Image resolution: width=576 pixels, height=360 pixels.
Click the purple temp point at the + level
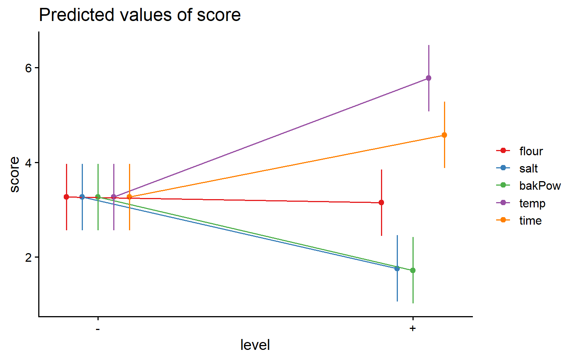pyautogui.click(x=428, y=78)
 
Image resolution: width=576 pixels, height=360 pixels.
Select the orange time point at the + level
pyautogui.click(x=444, y=135)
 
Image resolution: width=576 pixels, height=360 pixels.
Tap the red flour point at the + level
pyautogui.click(x=381, y=202)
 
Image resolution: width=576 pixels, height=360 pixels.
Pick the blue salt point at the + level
pyautogui.click(x=397, y=268)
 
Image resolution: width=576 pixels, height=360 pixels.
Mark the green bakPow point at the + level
pyautogui.click(x=413, y=270)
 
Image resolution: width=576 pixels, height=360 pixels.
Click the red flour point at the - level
pyautogui.click(x=66, y=197)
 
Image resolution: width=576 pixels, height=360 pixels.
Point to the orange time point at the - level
pyautogui.click(x=129, y=197)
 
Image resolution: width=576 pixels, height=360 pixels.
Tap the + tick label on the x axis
pyautogui.click(x=413, y=328)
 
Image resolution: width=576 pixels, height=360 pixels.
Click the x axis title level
pyautogui.click(x=255, y=345)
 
